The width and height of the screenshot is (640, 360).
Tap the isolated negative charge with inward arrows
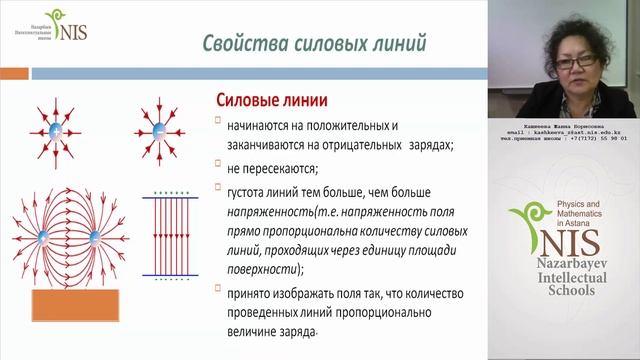(x=159, y=133)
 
